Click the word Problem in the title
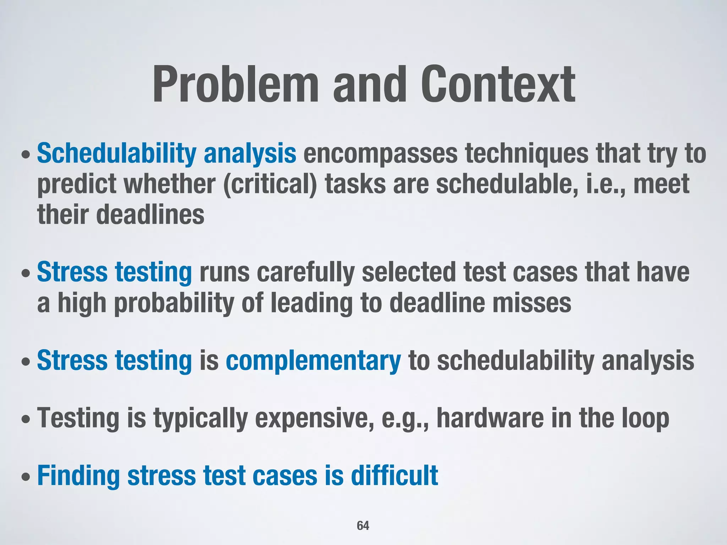[x=236, y=85]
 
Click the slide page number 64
[x=363, y=525]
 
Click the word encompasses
[x=380, y=154]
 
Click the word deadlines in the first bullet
[x=150, y=215]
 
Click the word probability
[x=174, y=303]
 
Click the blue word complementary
[x=313, y=360]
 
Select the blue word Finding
[x=78, y=476]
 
